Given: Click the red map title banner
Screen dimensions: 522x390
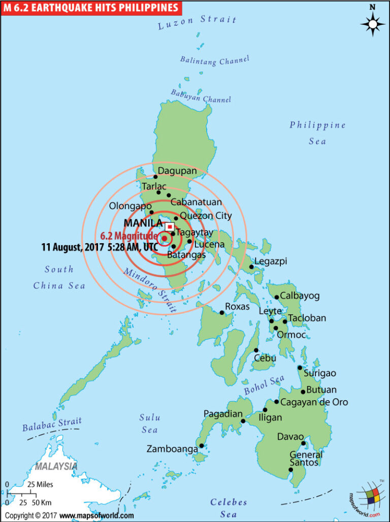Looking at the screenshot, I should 92,7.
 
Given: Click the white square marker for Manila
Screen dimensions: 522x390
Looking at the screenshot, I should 170,226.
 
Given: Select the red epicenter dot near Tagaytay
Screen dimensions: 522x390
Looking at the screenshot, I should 164,238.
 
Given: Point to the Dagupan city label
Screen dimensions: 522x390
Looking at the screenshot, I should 177,171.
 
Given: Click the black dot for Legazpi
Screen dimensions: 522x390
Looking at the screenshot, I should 251,267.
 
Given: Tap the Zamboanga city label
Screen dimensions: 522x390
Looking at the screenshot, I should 172,449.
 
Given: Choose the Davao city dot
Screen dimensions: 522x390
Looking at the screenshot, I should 304,443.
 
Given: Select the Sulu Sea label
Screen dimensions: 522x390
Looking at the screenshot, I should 150,423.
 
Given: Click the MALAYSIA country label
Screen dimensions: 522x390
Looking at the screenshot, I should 56,466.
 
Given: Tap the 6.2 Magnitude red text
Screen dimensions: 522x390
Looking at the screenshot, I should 129,236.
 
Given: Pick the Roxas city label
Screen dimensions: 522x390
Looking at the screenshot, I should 237,306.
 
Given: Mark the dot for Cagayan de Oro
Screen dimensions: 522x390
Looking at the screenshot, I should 276,402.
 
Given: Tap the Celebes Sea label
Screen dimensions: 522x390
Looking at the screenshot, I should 229,508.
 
